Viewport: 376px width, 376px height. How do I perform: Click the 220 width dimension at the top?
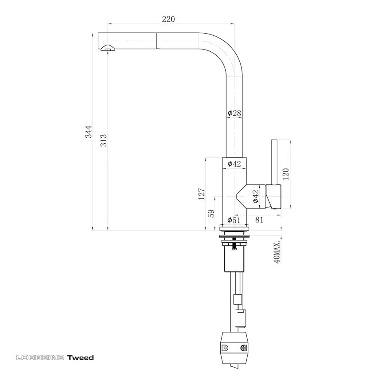click(168, 19)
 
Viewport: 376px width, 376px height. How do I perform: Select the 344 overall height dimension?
click(88, 132)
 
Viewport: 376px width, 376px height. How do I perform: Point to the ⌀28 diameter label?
click(234, 113)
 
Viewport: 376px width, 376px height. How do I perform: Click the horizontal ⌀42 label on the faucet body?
click(234, 164)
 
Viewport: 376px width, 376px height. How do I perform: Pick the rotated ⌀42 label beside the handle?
click(255, 196)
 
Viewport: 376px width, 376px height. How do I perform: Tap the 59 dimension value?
click(211, 214)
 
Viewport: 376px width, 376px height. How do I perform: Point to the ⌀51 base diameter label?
click(234, 220)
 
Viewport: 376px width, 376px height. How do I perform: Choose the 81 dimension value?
click(259, 220)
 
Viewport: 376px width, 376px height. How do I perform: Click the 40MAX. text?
click(277, 253)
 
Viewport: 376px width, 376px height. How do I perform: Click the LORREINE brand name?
click(40, 357)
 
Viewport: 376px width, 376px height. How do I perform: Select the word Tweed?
click(81, 357)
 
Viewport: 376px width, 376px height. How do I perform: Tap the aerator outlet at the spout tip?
click(107, 49)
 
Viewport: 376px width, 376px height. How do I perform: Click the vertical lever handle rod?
click(274, 161)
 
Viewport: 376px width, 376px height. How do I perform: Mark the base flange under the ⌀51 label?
click(234, 228)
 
